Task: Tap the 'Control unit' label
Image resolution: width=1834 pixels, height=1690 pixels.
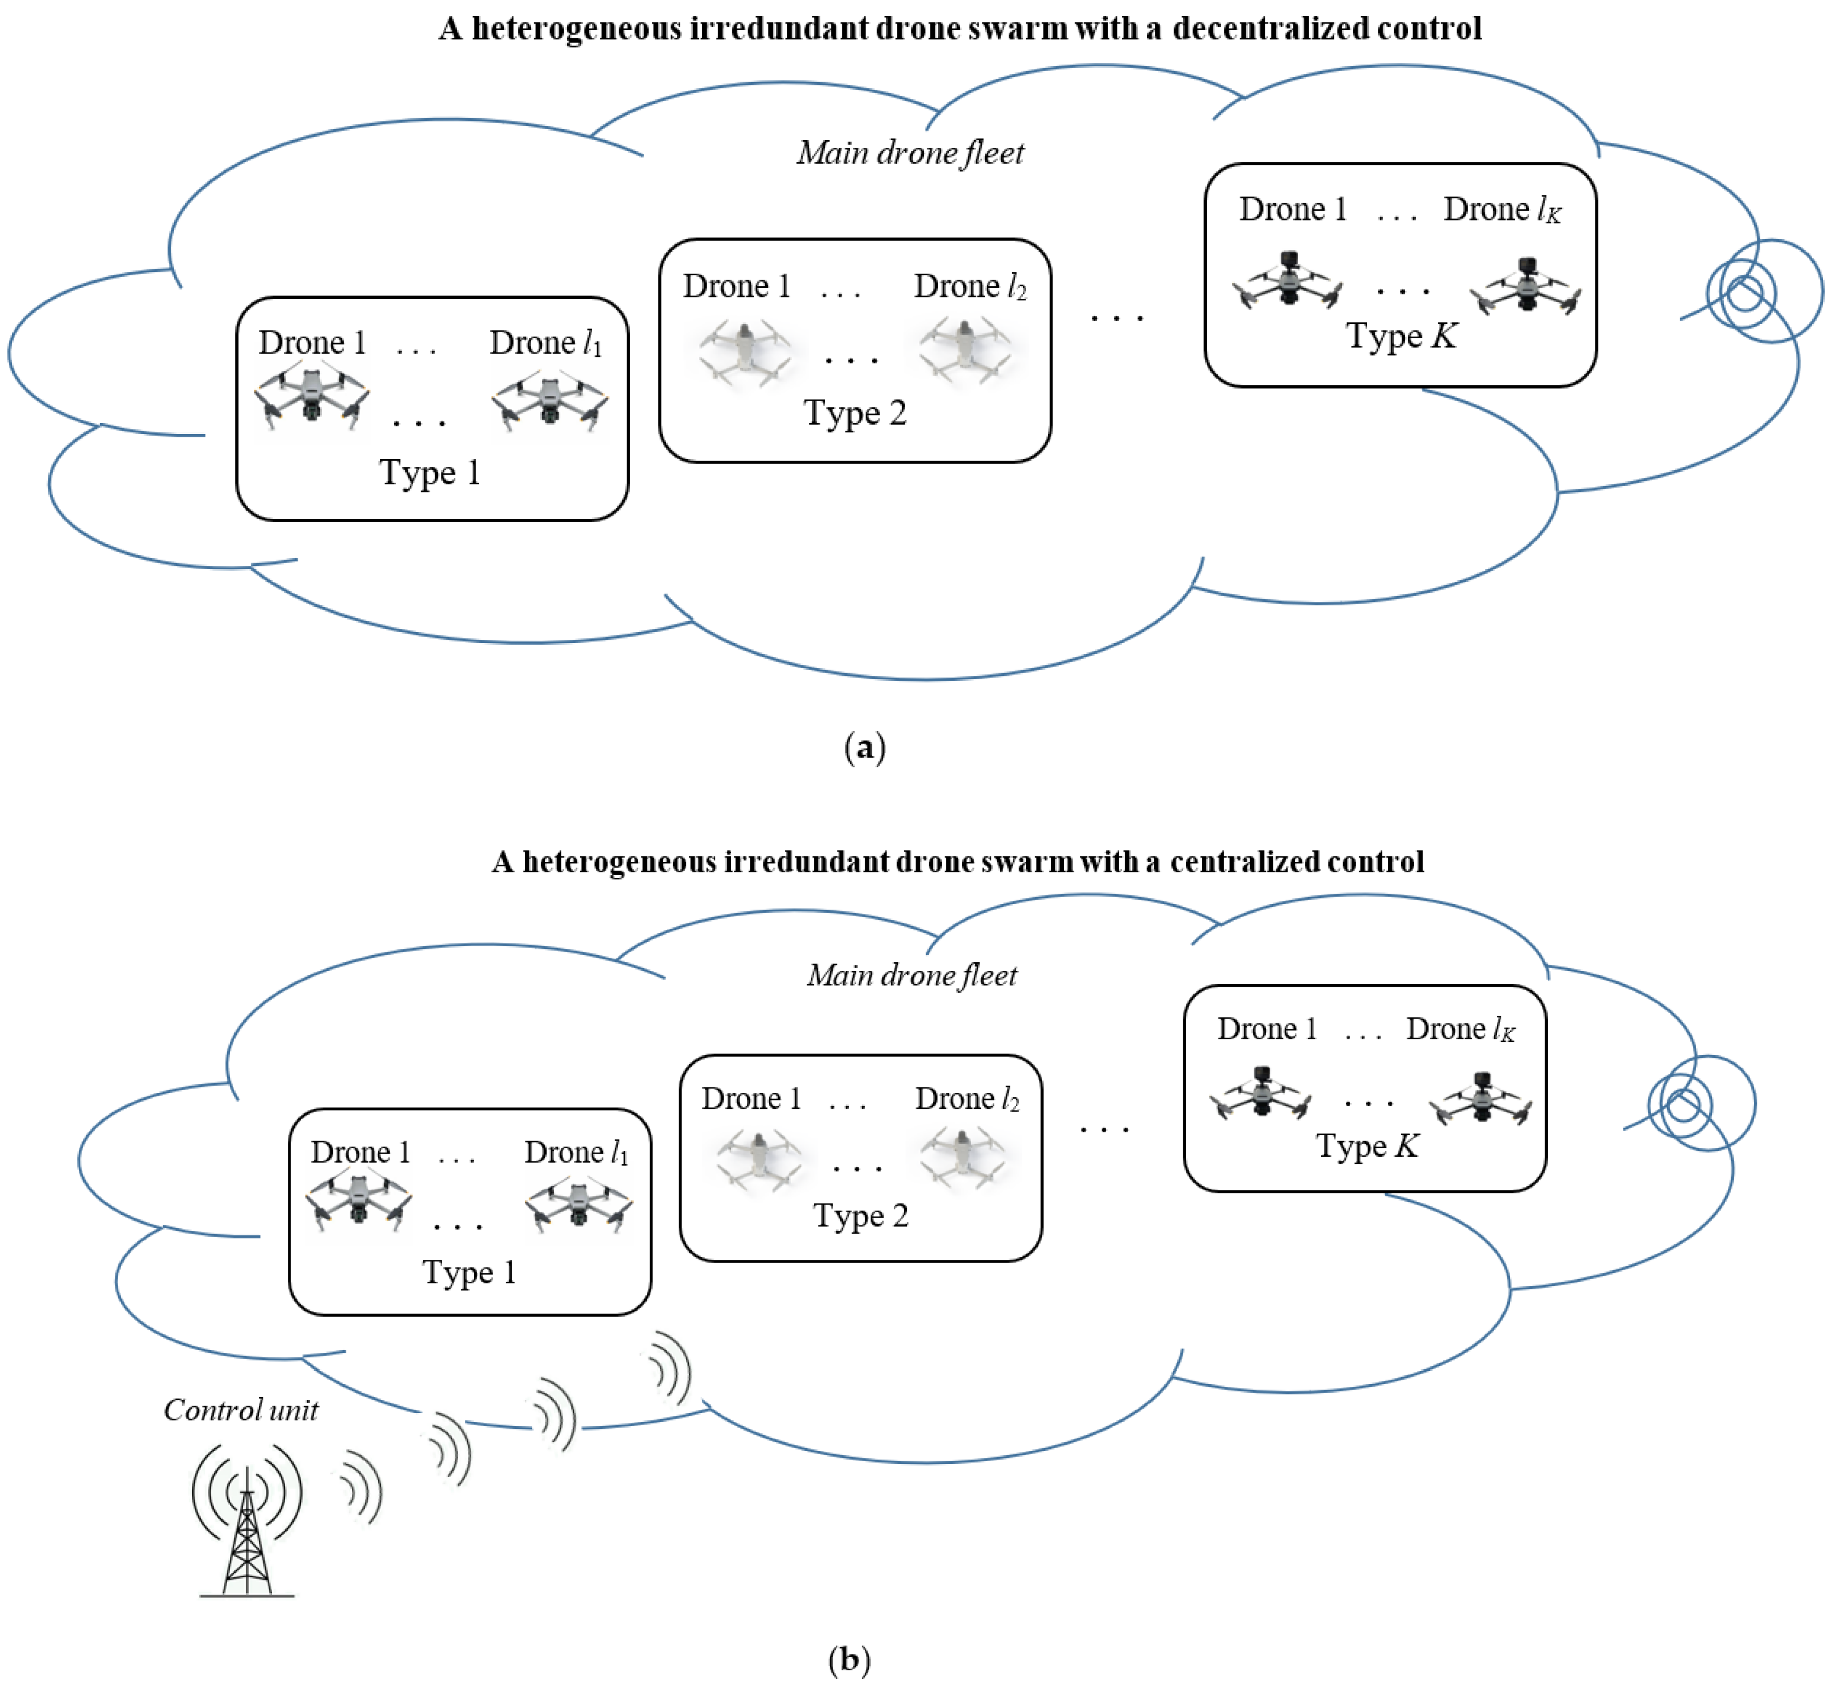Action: pos(241,1410)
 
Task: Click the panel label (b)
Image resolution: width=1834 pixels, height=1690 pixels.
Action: pos(849,1658)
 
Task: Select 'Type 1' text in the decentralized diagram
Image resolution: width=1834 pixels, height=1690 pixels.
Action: pos(430,473)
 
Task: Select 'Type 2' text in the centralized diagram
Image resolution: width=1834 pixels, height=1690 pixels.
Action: pos(861,1216)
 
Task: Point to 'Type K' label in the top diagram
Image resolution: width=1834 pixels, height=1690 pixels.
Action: pos(1401,337)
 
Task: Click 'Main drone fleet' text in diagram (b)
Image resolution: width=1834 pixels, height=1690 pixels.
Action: pos(912,976)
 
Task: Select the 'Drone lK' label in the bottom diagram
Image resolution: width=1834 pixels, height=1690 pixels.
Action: pos(1460,1030)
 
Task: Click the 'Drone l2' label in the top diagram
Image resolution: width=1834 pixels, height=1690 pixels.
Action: pos(970,287)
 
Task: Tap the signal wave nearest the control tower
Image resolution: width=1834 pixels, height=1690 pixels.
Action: pos(361,1491)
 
